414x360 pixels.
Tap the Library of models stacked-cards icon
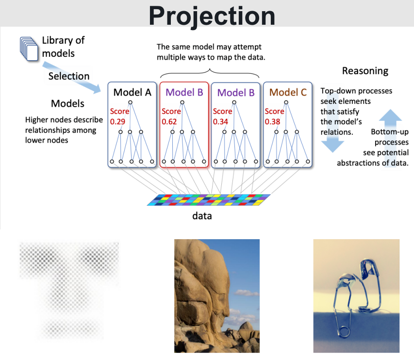[x=29, y=49]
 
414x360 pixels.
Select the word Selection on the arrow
[x=69, y=76]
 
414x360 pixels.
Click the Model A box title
[x=132, y=92]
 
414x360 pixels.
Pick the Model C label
[x=288, y=92]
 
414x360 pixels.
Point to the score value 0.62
[x=169, y=122]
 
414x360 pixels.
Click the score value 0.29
[x=117, y=122]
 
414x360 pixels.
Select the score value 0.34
[x=220, y=122]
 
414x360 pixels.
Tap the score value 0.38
[x=272, y=122]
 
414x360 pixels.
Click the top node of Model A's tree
[x=130, y=102]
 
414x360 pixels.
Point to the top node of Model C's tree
[x=286, y=102]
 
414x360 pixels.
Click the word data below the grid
[x=202, y=216]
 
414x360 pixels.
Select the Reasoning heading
[x=365, y=71]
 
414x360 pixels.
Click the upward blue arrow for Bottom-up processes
[x=390, y=137]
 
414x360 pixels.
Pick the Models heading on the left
[x=67, y=103]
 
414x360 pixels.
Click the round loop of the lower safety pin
[x=344, y=332]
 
